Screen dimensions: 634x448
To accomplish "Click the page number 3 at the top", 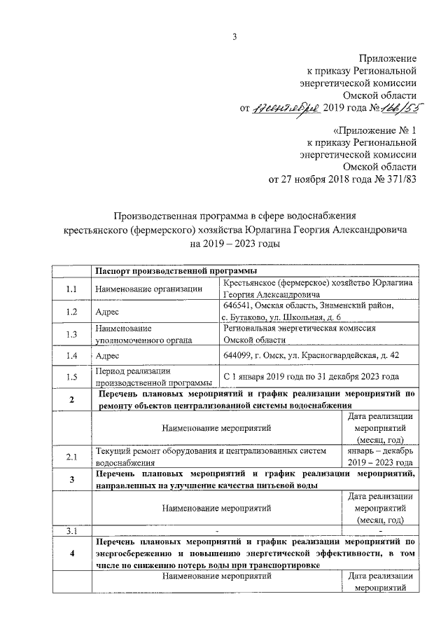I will click(234, 37).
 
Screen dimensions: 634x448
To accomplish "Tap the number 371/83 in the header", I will click(402, 179).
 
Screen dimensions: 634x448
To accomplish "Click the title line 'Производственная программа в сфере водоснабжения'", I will click(236, 216).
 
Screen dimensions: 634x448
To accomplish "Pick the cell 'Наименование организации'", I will click(148, 289).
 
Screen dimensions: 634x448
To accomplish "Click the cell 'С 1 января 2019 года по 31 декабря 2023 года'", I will click(311, 376).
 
